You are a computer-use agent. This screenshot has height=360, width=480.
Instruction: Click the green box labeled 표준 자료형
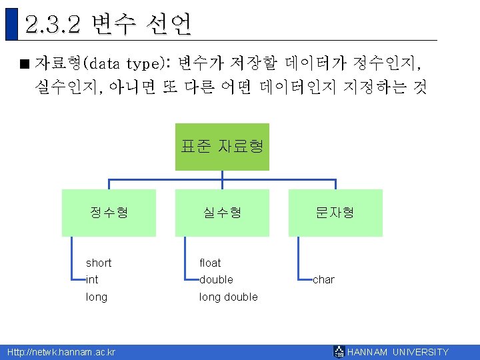click(222, 147)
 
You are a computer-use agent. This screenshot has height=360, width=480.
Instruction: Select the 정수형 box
click(109, 213)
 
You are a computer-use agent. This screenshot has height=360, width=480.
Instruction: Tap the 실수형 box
click(222, 213)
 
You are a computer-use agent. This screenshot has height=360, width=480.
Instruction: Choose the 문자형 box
click(335, 213)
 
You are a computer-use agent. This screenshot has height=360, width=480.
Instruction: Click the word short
click(99, 263)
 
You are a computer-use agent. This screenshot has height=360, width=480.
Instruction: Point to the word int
click(92, 279)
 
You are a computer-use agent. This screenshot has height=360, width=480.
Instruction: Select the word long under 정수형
click(97, 297)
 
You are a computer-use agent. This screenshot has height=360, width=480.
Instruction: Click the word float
click(210, 263)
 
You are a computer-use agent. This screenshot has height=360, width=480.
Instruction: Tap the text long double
click(229, 297)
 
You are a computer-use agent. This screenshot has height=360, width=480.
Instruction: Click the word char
click(324, 279)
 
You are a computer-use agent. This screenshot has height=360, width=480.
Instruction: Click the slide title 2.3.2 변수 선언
click(109, 25)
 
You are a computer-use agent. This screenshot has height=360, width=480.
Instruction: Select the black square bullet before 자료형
click(25, 65)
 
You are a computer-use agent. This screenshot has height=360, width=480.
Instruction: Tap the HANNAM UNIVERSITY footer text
click(398, 352)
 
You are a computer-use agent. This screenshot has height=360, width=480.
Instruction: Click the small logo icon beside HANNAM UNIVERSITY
click(340, 352)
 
